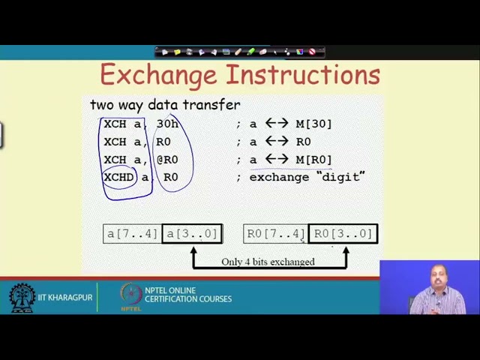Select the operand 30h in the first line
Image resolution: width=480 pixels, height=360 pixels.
(167, 124)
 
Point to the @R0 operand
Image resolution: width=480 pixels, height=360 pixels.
(166, 160)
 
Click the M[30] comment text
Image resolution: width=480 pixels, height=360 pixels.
(313, 124)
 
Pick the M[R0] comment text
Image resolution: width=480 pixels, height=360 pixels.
(313, 160)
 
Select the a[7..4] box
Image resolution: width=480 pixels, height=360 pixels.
(132, 234)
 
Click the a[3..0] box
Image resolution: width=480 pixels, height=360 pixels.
(192, 234)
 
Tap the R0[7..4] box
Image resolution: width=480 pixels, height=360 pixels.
(275, 234)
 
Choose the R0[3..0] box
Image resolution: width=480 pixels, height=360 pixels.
(343, 234)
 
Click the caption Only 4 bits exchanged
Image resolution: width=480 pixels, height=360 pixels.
(268, 262)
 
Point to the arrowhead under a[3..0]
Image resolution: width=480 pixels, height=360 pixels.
(193, 250)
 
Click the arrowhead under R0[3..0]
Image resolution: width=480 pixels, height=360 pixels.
(346, 250)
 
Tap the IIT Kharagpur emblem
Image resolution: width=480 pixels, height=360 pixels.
(22, 298)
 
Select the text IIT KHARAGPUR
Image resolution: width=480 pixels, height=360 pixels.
(65, 298)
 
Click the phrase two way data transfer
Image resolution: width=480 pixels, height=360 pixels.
(165, 105)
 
